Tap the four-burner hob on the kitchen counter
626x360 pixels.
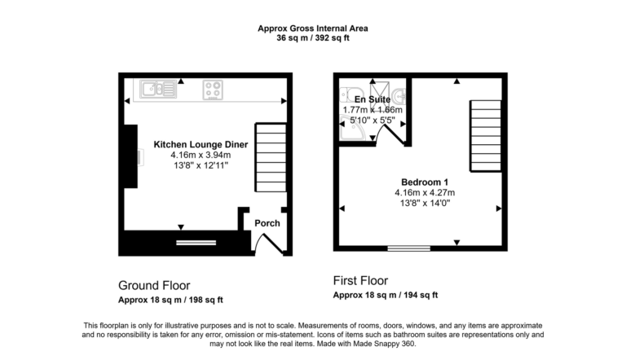pos(214,89)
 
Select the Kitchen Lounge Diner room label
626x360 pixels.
pos(201,144)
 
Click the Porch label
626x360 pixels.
pos(267,223)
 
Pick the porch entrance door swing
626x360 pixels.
pos(267,242)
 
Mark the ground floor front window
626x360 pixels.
pos(196,242)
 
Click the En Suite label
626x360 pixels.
pos(373,99)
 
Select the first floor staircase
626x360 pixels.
pos(483,133)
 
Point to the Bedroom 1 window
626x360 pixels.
pos(408,248)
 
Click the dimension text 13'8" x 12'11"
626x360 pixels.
pos(201,165)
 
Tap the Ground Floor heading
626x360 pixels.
pos(154,285)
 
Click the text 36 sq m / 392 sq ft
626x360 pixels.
pos(312,38)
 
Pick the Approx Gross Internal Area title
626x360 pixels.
pos(312,28)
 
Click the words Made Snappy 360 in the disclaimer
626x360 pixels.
pos(384,344)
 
